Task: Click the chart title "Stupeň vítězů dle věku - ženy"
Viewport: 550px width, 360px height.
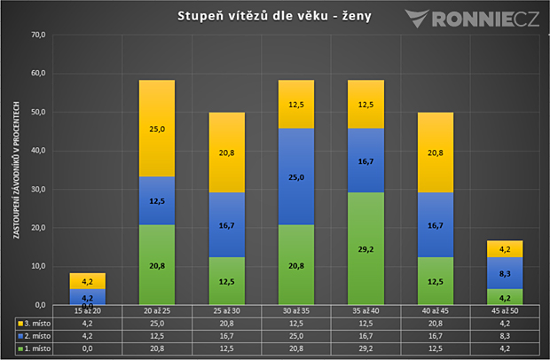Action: point(274,16)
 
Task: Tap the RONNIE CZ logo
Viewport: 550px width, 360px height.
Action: point(472,19)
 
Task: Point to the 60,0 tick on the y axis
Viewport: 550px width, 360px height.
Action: point(38,74)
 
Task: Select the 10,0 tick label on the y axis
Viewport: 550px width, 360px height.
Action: point(38,266)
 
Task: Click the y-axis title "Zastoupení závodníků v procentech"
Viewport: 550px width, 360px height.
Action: point(17,170)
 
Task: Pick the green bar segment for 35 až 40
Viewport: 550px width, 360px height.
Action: point(365,248)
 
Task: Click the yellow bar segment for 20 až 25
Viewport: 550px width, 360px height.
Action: point(157,129)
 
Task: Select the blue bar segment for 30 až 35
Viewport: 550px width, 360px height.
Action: point(296,176)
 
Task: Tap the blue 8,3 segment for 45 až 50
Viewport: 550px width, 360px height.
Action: point(505,273)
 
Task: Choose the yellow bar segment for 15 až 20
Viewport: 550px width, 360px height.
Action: point(87,281)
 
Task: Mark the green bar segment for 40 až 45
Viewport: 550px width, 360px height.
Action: point(436,281)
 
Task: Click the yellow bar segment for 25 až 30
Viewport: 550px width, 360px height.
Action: point(226,153)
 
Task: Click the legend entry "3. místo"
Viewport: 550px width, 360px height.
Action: point(34,323)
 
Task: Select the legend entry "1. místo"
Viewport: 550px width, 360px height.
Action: point(34,348)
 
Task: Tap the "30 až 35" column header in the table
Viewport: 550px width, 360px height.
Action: point(296,311)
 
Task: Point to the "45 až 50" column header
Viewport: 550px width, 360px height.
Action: point(505,311)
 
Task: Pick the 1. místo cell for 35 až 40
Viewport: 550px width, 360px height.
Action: point(365,348)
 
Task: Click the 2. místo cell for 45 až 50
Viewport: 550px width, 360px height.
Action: point(505,336)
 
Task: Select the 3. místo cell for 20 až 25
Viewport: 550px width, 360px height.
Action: point(157,323)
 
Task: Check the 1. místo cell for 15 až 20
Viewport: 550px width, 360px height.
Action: point(87,348)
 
